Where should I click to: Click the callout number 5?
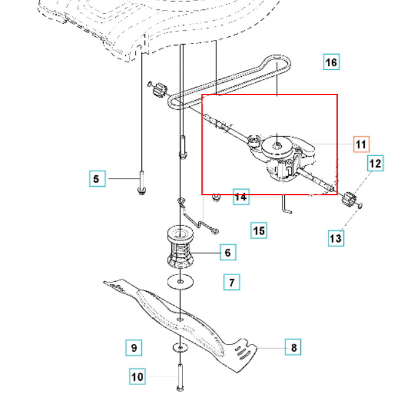tap(96, 179)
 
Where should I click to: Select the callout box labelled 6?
tap(227, 252)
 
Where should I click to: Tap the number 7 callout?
tap(232, 282)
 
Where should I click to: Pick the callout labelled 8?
tap(294, 348)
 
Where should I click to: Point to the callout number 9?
tap(134, 348)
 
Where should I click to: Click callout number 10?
tap(138, 376)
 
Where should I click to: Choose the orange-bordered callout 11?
tap(361, 144)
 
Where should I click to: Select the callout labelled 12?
tap(375, 163)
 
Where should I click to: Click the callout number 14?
tap(241, 196)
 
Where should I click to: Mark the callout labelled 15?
tap(259, 230)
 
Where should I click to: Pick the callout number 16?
tap(331, 63)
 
